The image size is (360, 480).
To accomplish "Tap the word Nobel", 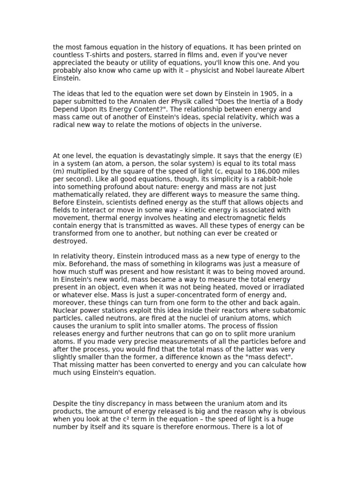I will click(254, 70).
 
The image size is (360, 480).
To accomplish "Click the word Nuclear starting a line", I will click(66, 310).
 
